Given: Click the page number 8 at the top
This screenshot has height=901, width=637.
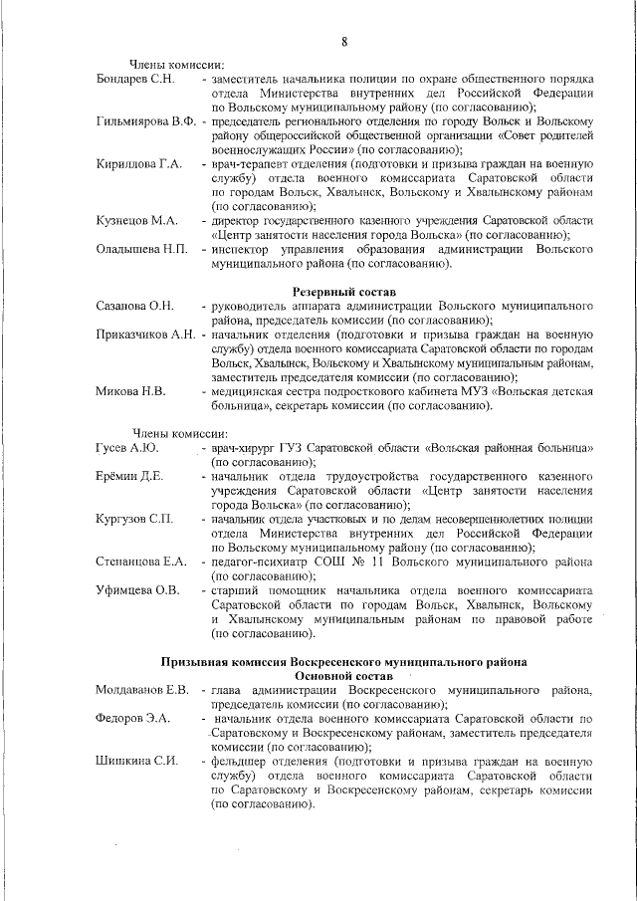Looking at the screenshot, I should point(344,41).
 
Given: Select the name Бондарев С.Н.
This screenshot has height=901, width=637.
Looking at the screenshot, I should point(135,78).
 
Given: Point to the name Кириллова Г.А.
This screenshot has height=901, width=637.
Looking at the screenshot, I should point(138,163).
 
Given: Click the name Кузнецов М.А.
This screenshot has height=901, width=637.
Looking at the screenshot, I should point(136,220).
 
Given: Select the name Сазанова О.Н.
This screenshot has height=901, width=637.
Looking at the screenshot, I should point(135,306).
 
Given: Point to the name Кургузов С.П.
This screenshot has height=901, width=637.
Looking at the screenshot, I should point(134,520).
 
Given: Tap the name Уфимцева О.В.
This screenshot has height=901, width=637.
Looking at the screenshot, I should point(137,590).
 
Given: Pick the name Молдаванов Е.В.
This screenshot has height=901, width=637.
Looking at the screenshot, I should point(142,690).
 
